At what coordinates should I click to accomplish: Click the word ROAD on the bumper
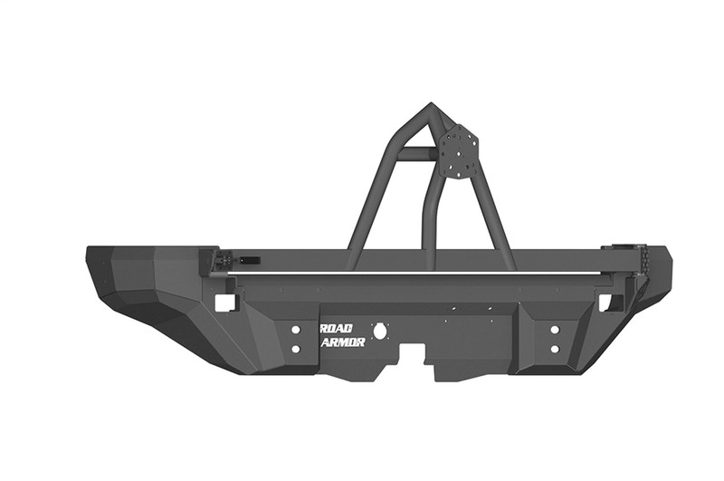pos(338,328)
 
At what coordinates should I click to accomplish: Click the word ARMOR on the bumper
pos(342,343)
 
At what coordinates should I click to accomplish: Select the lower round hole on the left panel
pos(295,348)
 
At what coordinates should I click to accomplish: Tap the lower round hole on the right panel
pos(554,348)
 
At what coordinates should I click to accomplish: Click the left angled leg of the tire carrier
pos(376,208)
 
